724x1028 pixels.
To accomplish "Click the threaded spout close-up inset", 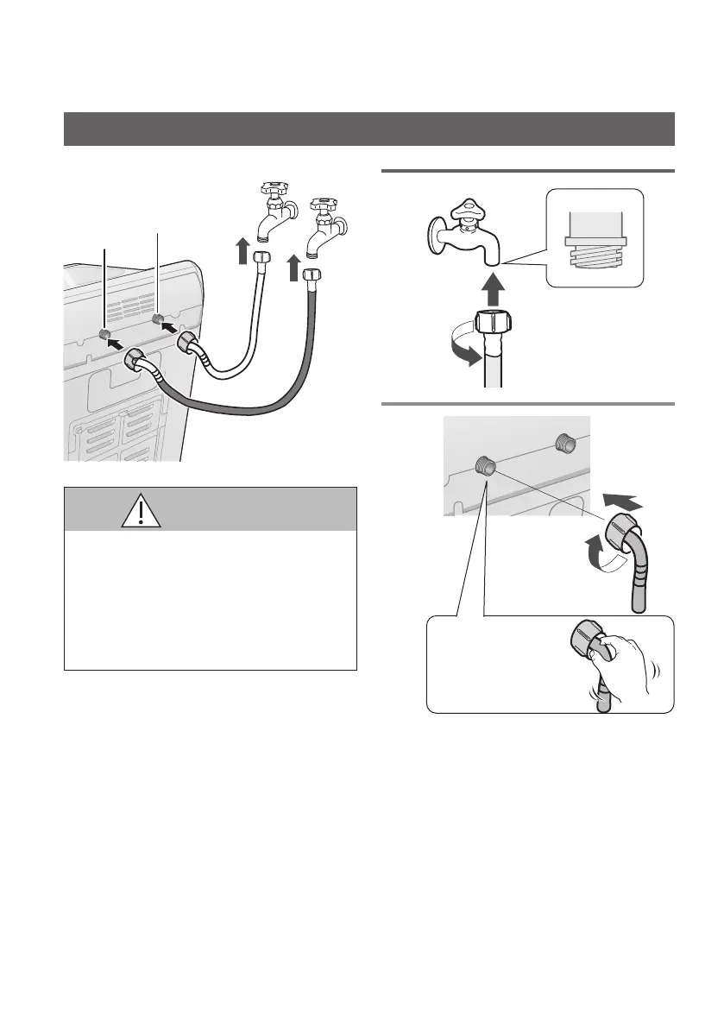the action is click(x=596, y=237).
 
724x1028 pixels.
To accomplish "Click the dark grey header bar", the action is click(x=369, y=129).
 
